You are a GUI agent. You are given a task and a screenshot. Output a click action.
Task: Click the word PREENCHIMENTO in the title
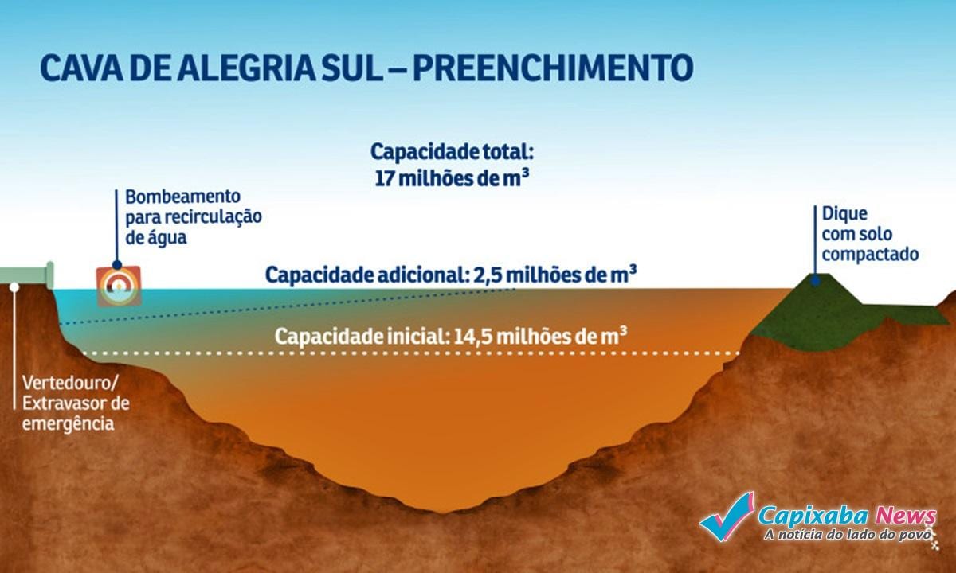coord(553,68)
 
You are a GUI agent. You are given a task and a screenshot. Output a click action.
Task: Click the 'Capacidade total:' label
coord(452,152)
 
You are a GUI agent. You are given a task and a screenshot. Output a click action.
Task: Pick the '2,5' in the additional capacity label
coord(488,276)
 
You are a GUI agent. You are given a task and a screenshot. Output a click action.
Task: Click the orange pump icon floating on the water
coord(119,286)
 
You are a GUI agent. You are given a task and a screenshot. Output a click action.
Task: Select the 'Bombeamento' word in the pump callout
coord(183,197)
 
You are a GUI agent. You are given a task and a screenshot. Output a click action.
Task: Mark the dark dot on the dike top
coord(815,280)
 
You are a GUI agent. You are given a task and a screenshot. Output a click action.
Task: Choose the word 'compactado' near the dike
coord(870,255)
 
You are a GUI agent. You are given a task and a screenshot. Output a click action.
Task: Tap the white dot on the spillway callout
coord(14,287)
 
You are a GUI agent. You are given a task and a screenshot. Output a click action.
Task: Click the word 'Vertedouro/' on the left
coord(69,383)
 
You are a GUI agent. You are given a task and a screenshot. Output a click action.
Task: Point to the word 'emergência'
coord(69,423)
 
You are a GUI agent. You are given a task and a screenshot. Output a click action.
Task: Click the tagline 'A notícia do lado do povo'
coord(847,534)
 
